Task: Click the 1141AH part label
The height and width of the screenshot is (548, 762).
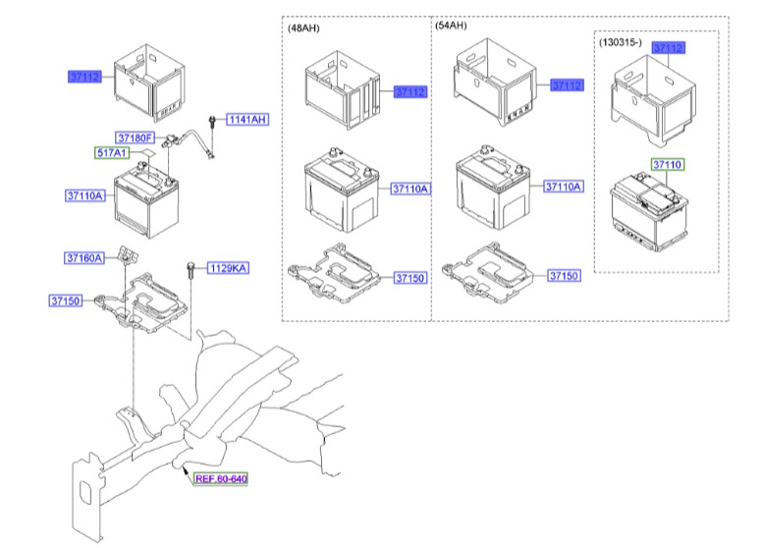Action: pos(247,120)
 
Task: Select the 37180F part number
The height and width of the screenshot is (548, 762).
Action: pos(136,137)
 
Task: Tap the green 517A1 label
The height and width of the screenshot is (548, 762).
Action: pos(112,153)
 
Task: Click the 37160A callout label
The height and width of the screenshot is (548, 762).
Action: pos(85,258)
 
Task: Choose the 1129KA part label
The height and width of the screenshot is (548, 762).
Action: pos(227,268)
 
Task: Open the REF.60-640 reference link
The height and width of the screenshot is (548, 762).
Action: pos(220,479)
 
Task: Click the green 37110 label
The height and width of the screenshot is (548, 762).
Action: pos(668,165)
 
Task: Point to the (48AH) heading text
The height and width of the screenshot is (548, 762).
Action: pos(303,28)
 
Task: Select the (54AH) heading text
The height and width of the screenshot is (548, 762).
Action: pos(451,28)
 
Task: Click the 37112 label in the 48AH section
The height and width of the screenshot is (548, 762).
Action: pos(410,92)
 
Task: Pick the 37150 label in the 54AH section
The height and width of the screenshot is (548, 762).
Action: pos(564,277)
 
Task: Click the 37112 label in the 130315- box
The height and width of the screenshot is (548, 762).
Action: pos(668,47)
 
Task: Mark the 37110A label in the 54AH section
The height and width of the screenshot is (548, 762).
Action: pos(564,187)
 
